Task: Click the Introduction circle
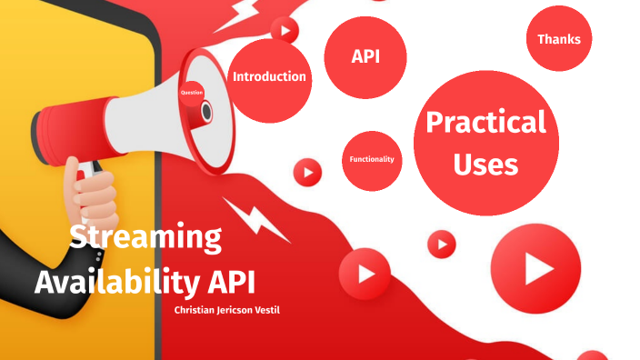269,77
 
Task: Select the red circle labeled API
365,57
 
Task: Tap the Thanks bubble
558,39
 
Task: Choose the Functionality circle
372,160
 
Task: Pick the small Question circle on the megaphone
192,93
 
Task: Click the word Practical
485,122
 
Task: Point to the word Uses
485,165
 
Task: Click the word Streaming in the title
145,238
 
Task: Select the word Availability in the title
115,281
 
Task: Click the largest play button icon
535,268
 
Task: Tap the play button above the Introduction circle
285,31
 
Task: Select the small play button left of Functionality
307,171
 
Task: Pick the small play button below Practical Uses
441,244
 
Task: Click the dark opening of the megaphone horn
206,112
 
